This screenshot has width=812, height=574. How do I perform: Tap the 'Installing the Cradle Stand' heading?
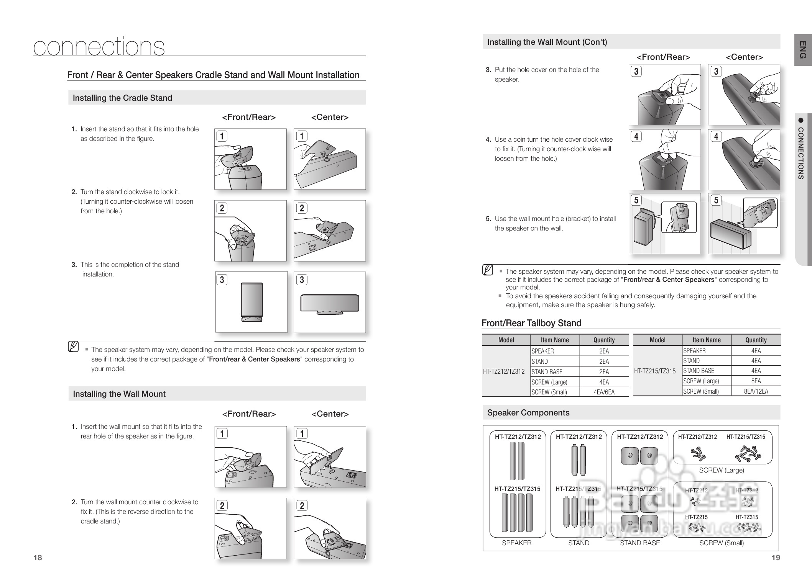pyautogui.click(x=122, y=98)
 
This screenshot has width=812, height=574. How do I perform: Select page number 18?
pyautogui.click(x=38, y=558)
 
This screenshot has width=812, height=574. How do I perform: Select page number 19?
pyautogui.click(x=776, y=558)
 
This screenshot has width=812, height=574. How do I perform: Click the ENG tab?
pyautogui.click(x=802, y=50)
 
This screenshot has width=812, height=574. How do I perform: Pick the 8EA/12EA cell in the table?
pyautogui.click(x=756, y=391)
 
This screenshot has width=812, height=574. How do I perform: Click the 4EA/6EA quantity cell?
pyautogui.click(x=604, y=392)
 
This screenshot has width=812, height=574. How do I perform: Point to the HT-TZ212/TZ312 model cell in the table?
pyautogui.click(x=504, y=371)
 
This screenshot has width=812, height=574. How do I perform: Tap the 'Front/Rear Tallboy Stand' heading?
pyautogui.click(x=531, y=323)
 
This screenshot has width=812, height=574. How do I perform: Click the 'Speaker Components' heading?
pyautogui.click(x=528, y=413)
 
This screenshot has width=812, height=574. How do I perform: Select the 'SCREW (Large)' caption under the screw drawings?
pyautogui.click(x=722, y=470)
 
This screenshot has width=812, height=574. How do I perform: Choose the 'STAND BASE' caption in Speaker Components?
pyautogui.click(x=640, y=543)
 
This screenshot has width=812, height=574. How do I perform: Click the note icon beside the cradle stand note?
pyautogui.click(x=73, y=347)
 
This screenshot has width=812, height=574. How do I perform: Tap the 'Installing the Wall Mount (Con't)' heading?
pyautogui.click(x=547, y=42)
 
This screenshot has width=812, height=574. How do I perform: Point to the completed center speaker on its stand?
pyautogui.click(x=330, y=304)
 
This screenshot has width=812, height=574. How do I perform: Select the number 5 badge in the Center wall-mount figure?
pyautogui.click(x=716, y=200)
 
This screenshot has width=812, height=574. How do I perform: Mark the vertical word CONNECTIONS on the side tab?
pyautogui.click(x=801, y=153)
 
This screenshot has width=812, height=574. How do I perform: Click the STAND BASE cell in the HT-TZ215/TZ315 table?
pyautogui.click(x=699, y=371)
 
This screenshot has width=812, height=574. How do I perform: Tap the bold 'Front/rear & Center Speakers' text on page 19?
pyautogui.click(x=669, y=280)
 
